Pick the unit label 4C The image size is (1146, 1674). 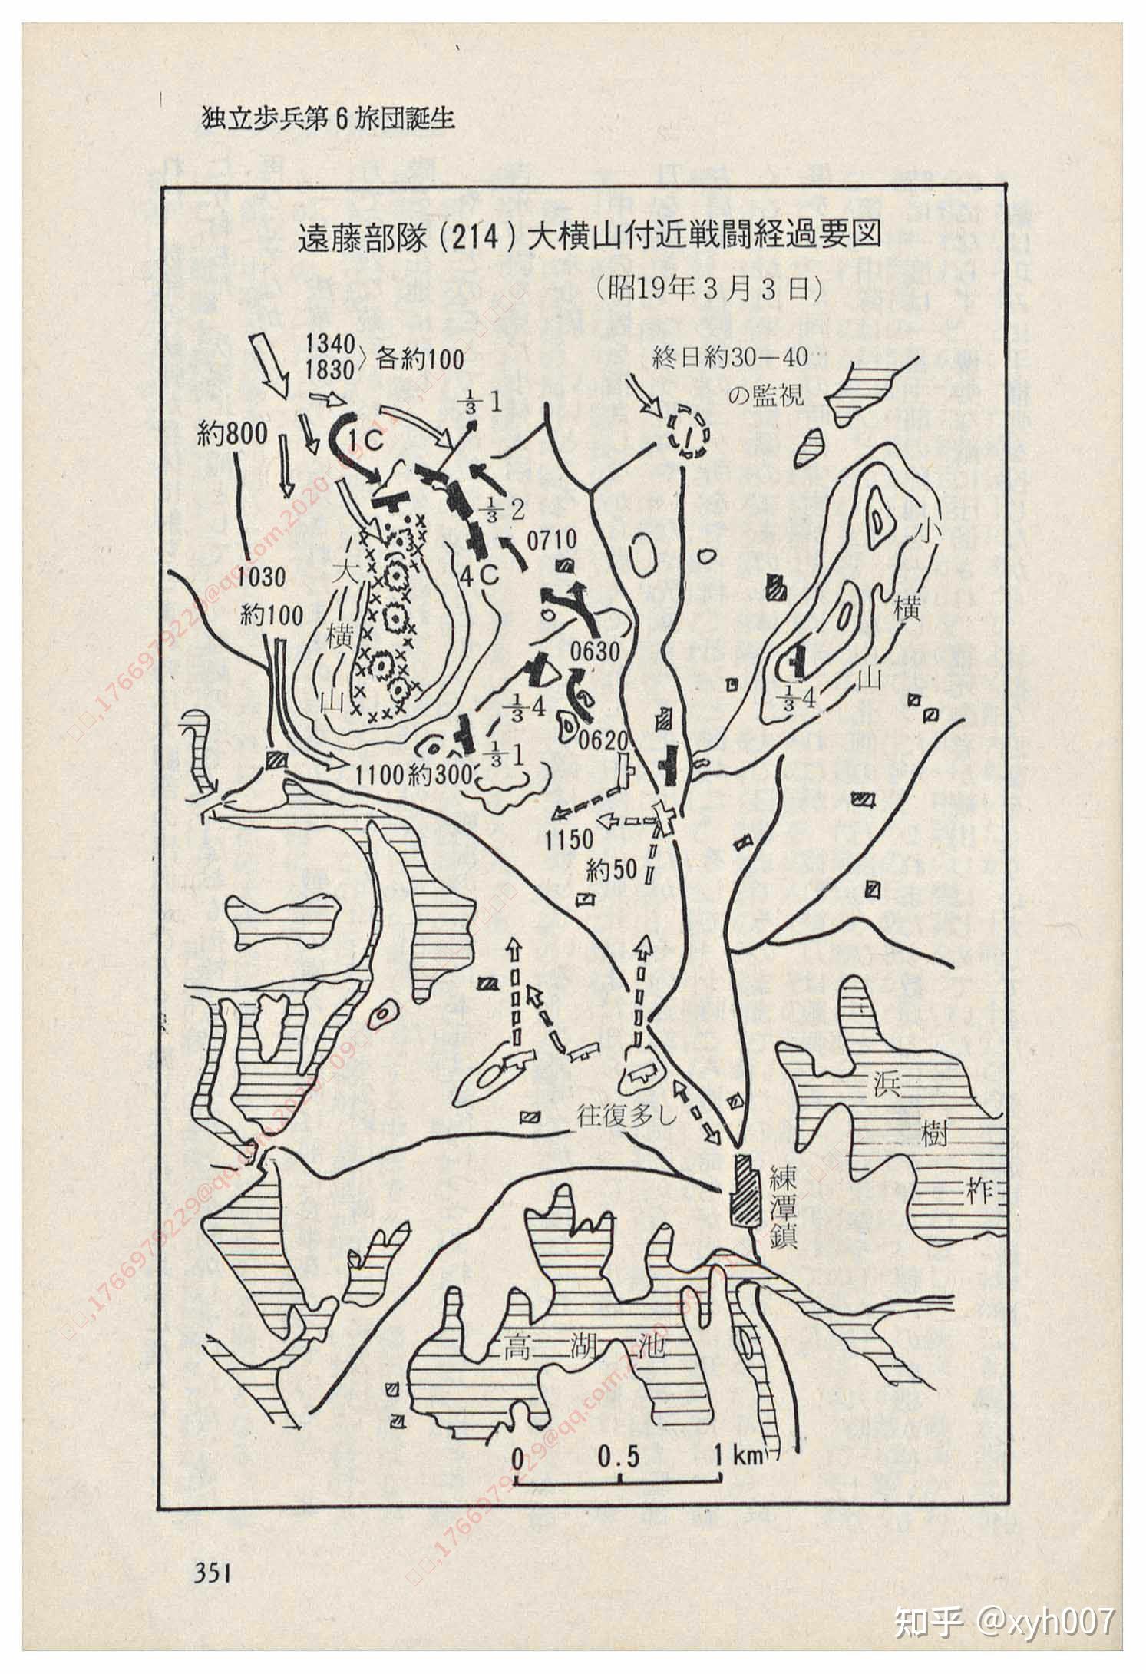[481, 576]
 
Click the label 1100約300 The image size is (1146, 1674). [411, 775]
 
